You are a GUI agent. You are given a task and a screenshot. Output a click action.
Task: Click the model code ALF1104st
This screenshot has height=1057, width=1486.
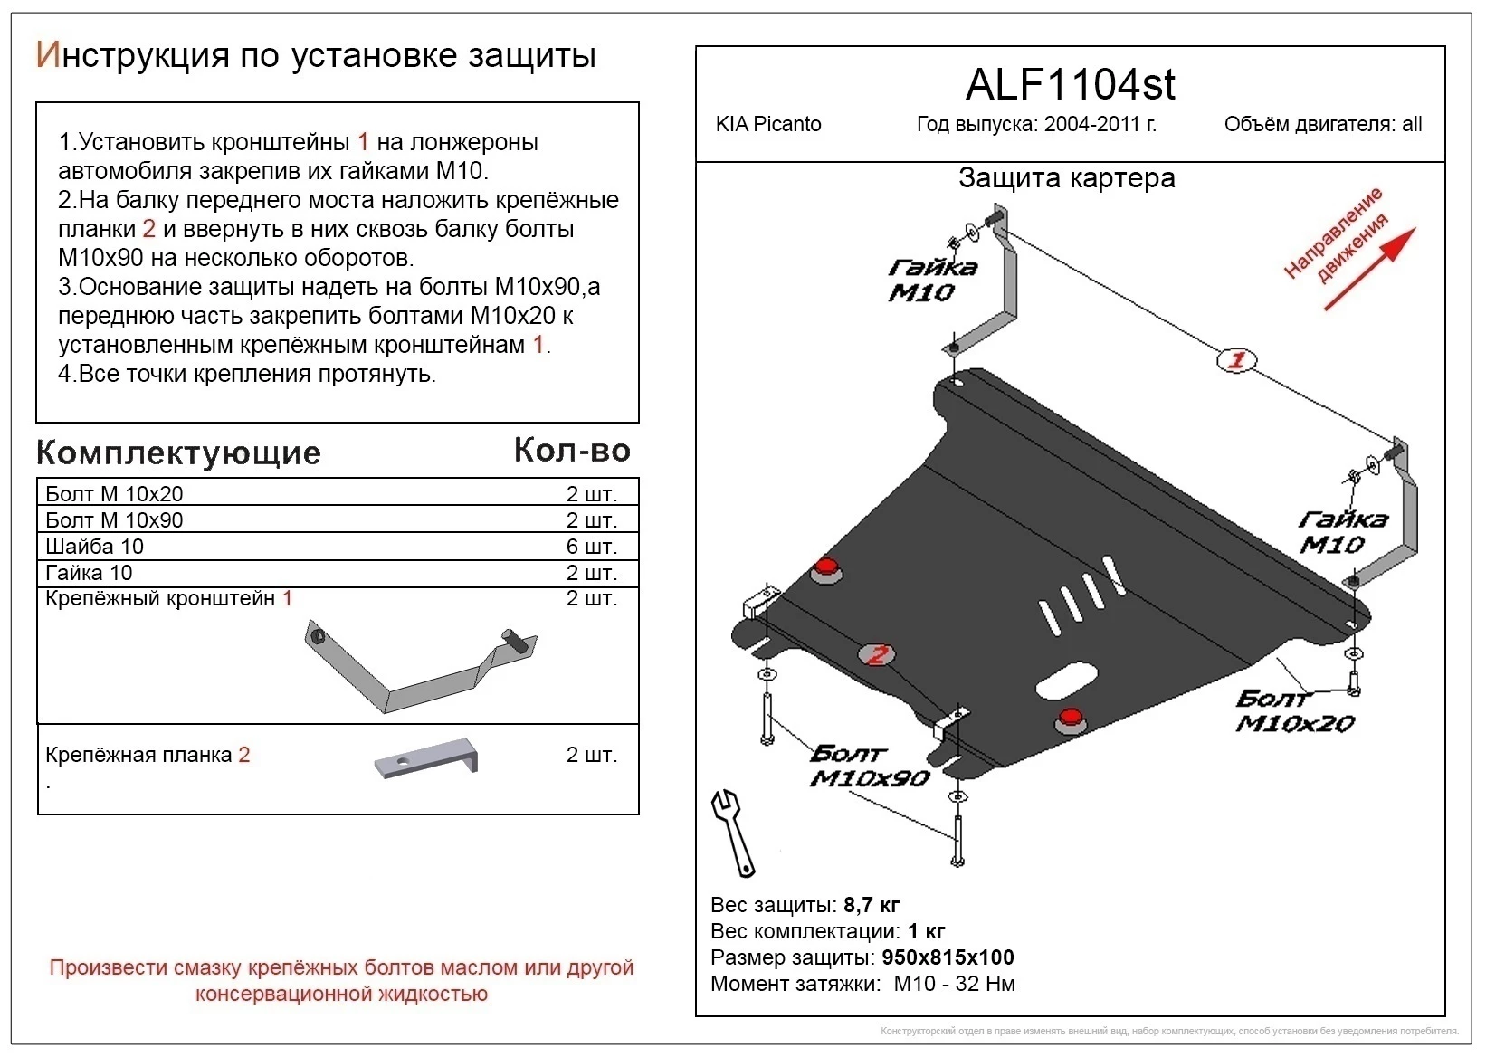coord(1070,85)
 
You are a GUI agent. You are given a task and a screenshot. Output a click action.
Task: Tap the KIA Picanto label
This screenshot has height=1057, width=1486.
coord(768,125)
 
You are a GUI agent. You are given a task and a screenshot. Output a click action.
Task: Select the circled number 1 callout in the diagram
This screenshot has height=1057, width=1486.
coord(1236,360)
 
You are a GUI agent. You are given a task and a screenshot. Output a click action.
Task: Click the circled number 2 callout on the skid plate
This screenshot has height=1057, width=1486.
coord(875,654)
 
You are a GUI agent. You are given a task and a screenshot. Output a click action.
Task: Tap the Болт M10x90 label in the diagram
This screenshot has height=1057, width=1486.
coord(868,766)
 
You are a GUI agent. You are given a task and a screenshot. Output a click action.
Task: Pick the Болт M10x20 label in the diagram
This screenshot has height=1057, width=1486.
coord(1294,711)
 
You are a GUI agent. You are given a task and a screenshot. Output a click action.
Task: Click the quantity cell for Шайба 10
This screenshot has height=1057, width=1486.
coord(591,547)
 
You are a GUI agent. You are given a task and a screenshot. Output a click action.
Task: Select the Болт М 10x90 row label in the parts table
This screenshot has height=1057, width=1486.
coord(114,520)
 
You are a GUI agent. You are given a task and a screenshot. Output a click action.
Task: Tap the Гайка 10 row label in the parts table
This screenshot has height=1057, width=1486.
coord(89,573)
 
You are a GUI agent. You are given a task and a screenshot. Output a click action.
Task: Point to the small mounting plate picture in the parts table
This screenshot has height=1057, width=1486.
coord(426,757)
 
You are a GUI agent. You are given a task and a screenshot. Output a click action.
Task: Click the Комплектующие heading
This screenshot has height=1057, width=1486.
coord(178,452)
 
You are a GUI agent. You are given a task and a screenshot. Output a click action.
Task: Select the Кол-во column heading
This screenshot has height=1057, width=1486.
coord(572,450)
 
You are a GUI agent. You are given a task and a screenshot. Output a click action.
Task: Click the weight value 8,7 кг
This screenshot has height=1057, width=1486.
coord(871,905)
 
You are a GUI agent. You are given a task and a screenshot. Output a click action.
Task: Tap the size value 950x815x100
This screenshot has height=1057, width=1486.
coord(948,957)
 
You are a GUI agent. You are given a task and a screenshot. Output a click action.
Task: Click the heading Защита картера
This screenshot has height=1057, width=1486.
coord(1066,178)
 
